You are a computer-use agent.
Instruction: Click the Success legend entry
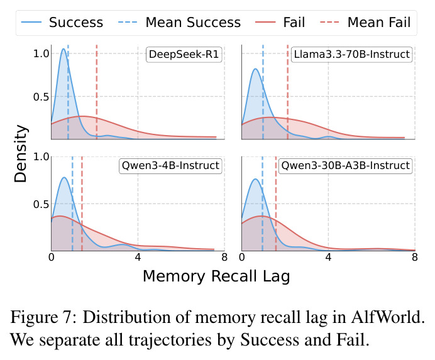coord(62,23)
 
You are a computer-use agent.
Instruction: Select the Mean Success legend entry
coord(179,23)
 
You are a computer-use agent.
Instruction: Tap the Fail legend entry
coord(280,23)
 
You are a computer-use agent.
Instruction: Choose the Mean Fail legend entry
coord(365,23)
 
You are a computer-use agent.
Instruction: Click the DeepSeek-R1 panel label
coord(184,55)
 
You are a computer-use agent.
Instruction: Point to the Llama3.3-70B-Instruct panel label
coord(352,55)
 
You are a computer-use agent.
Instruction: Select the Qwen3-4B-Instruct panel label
coord(170,166)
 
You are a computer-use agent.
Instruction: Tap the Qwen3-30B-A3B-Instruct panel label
coord(345,166)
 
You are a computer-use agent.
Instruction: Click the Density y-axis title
coord(21,154)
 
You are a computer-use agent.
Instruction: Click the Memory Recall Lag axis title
coord(216,276)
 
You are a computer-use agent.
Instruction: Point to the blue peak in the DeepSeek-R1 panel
coord(63,49)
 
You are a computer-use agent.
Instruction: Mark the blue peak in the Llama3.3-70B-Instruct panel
coord(255,69)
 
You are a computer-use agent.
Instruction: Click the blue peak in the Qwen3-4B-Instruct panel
coord(64,178)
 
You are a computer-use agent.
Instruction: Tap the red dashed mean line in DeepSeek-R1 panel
coord(97,92)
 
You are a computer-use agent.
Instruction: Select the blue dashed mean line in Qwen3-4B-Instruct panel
coord(72,204)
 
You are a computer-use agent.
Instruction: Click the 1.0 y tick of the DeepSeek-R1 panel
coord(41,53)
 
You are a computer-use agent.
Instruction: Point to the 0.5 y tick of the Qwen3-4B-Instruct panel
coord(41,204)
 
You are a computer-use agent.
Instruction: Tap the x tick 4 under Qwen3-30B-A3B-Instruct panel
coord(329,258)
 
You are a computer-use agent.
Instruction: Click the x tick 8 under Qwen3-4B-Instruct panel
coord(224,258)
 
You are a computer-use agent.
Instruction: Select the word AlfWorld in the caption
coord(388,317)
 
